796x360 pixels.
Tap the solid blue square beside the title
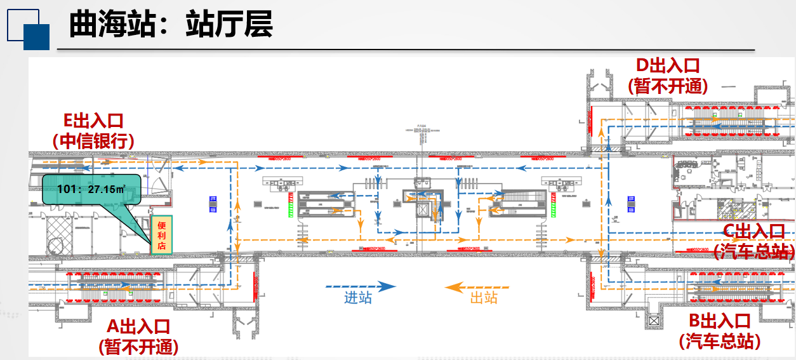point(36,37)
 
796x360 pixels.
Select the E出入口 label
point(93,121)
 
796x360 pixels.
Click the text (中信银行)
point(93,140)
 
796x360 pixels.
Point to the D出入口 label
point(668,65)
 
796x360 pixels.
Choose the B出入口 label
point(720,321)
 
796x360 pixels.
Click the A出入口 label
point(138,327)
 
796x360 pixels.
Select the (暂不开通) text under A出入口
point(138,347)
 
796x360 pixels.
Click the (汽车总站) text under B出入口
point(720,341)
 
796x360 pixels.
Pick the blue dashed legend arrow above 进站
point(360,286)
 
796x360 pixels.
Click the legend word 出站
point(484,298)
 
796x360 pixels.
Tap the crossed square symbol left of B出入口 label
point(653,321)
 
